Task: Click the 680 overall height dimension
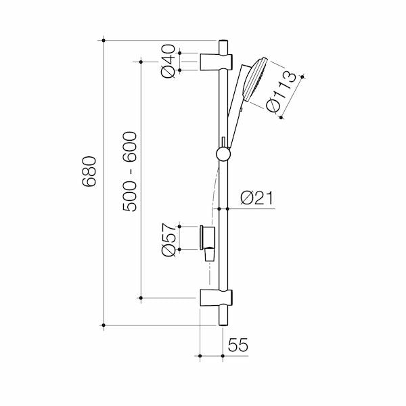[x=90, y=172]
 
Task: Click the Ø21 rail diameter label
[x=256, y=198]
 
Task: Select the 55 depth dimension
[x=238, y=345]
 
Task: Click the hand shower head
[x=256, y=81]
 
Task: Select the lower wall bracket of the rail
[x=216, y=297]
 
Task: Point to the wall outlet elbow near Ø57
[x=208, y=241]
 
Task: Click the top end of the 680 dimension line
[x=103, y=41]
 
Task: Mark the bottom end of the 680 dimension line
[x=103, y=325]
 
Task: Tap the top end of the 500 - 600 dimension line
[x=141, y=62]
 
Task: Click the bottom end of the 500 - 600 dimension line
[x=141, y=297]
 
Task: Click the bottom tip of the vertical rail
[x=222, y=324]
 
